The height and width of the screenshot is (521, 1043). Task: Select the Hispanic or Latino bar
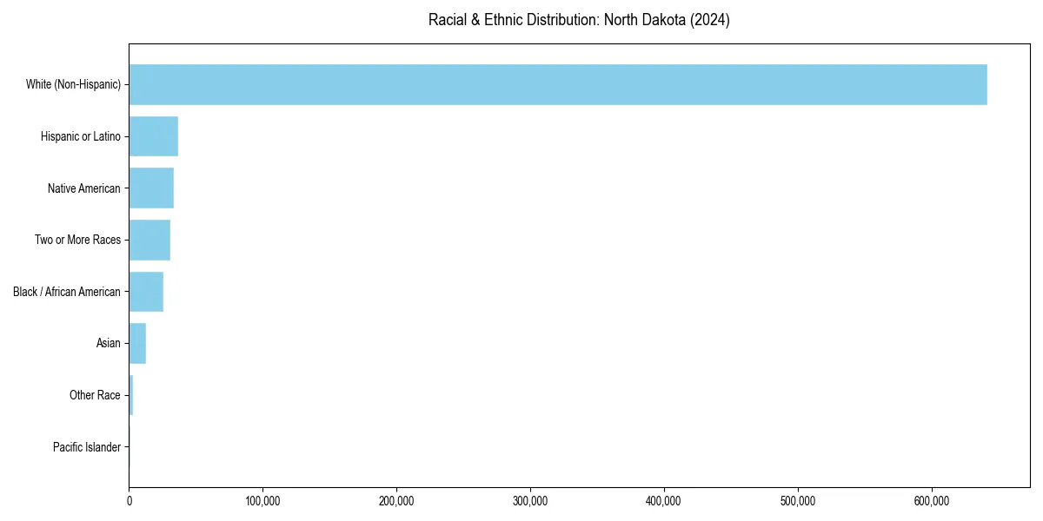click(153, 136)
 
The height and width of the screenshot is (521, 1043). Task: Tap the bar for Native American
click(151, 188)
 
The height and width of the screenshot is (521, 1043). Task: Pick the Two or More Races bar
click(149, 240)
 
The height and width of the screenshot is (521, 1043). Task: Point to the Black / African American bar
click(146, 292)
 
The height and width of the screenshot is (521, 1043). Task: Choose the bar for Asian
click(137, 343)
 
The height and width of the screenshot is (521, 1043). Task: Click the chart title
click(579, 20)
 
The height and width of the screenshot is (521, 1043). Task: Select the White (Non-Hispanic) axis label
click(73, 84)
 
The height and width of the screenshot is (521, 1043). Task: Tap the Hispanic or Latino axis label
click(81, 136)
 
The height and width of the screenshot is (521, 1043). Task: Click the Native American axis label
click(84, 188)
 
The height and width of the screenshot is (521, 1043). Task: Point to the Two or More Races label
click(77, 240)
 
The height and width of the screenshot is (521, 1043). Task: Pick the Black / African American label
click(67, 292)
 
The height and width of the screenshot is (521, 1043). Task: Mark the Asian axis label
click(109, 343)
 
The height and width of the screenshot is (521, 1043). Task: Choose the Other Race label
click(95, 395)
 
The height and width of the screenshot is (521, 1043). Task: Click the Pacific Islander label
click(87, 447)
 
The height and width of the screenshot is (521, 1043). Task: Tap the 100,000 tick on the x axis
click(262, 501)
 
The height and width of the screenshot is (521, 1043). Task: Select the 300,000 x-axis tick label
click(530, 501)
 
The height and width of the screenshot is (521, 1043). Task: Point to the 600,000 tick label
click(932, 501)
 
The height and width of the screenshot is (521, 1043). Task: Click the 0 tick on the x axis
click(130, 501)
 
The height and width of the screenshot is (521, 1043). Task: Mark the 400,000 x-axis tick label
click(664, 501)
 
